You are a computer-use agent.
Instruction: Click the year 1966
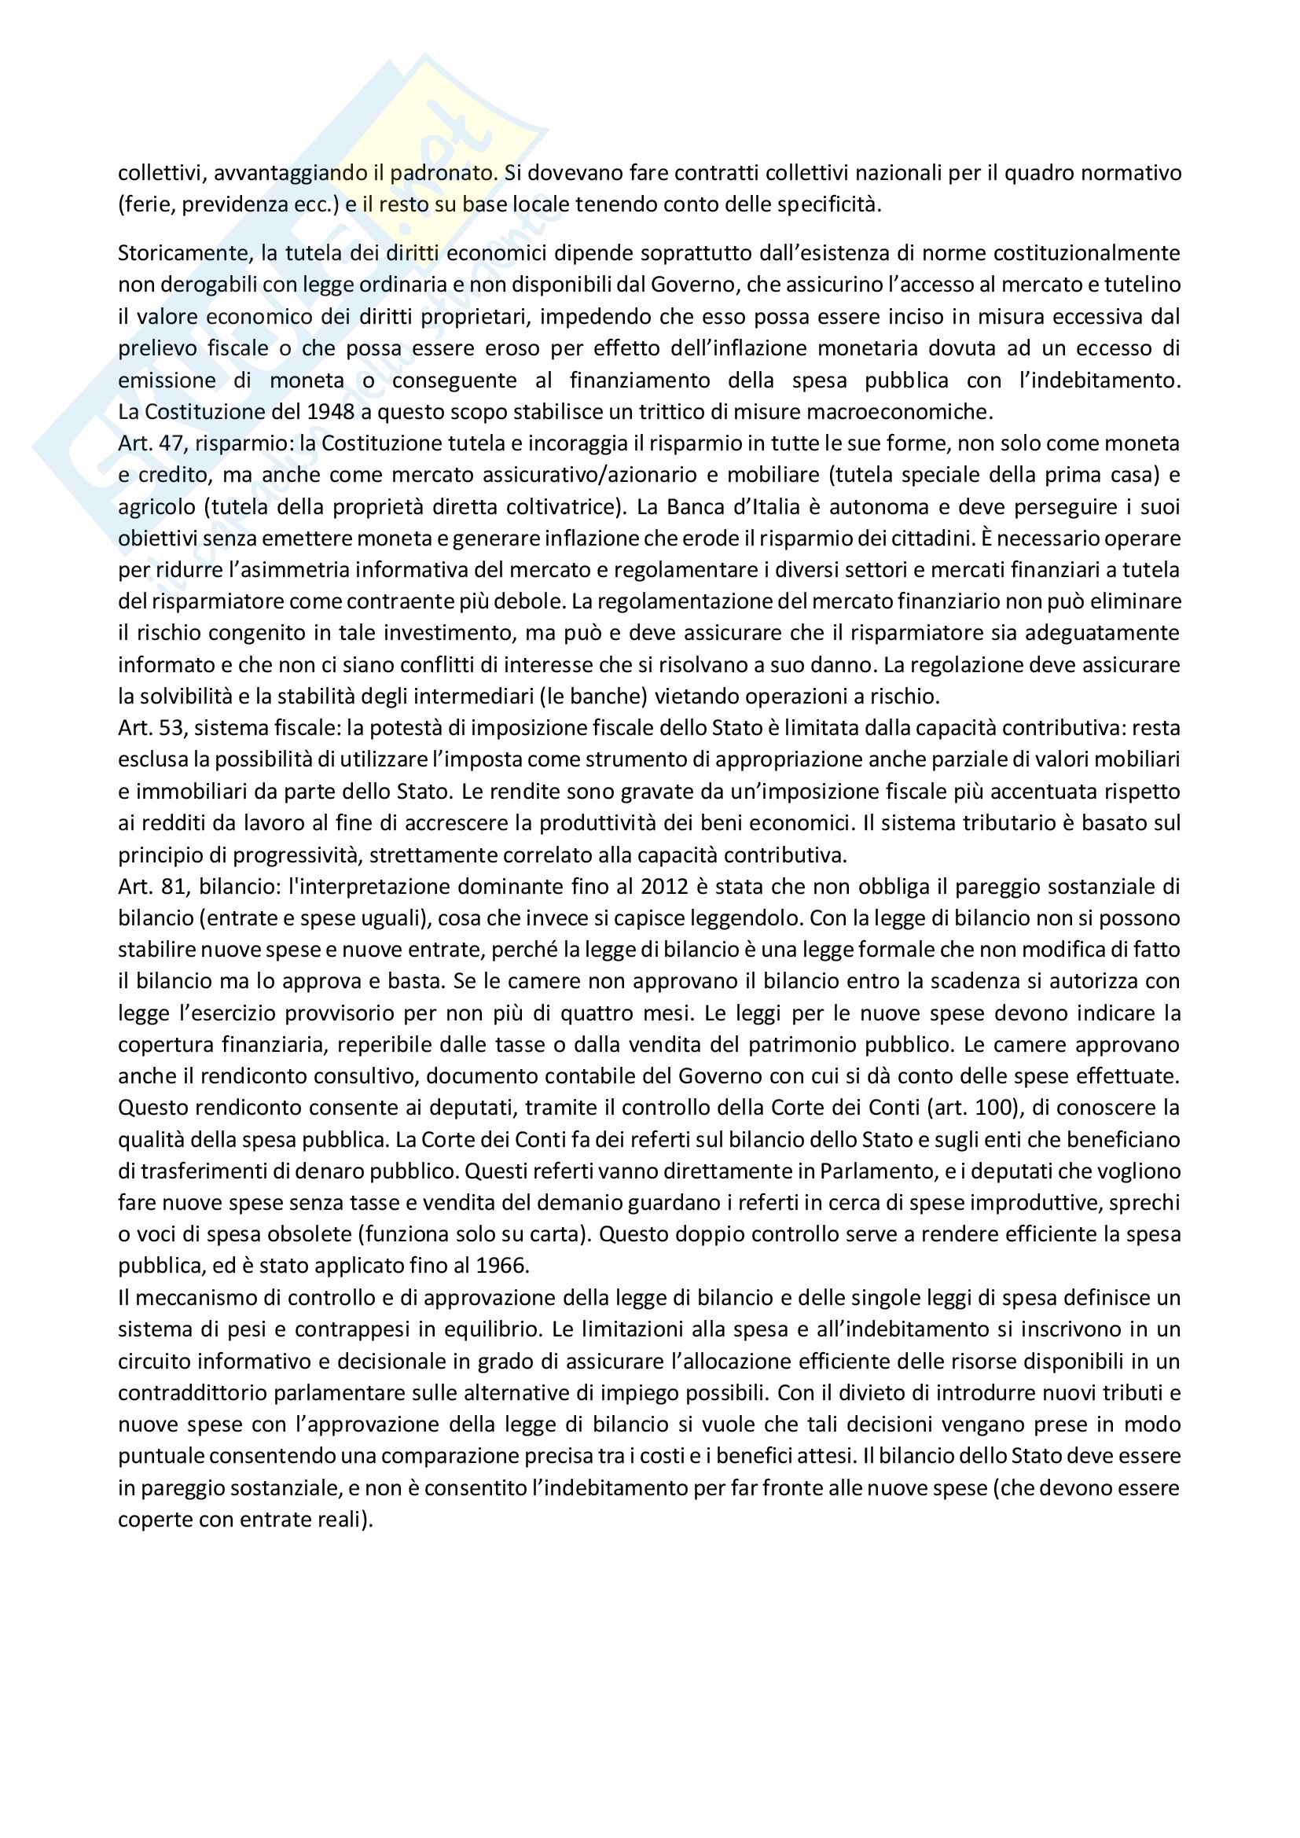502,1266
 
